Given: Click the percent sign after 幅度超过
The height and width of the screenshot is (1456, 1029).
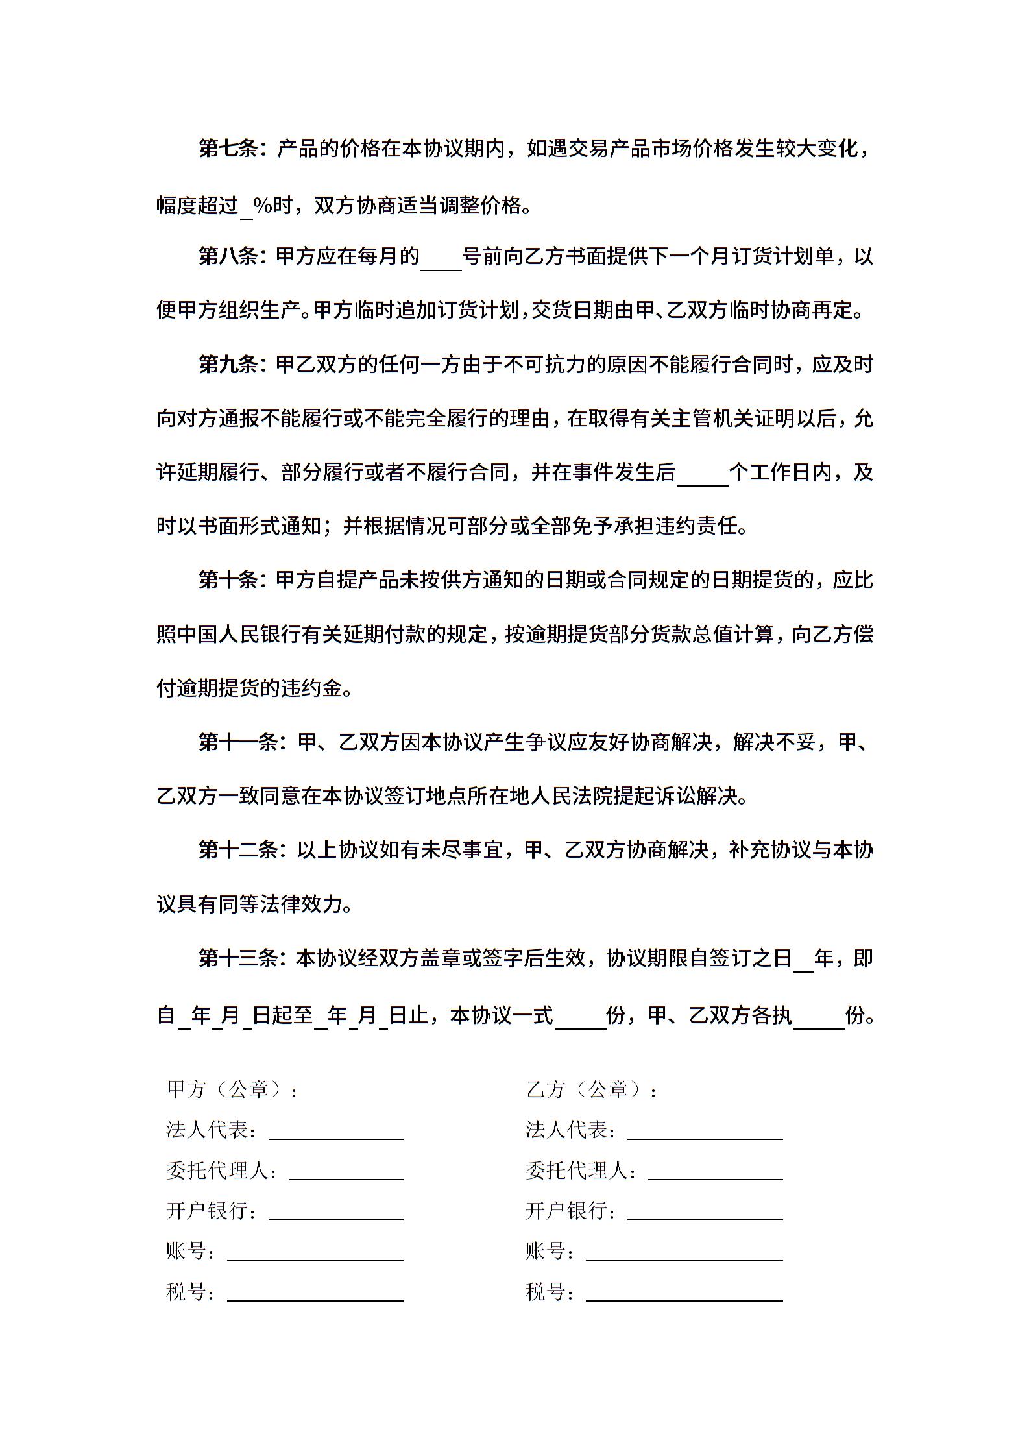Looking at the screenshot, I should [262, 206].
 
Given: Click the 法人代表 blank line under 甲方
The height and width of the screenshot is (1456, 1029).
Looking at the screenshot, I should [336, 1132].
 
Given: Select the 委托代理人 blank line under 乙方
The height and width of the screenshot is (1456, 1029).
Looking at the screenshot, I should [716, 1172].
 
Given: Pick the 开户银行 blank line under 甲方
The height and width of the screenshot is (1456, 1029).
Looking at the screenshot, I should [336, 1213].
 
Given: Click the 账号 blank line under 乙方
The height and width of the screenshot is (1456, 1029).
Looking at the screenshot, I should [684, 1253].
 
